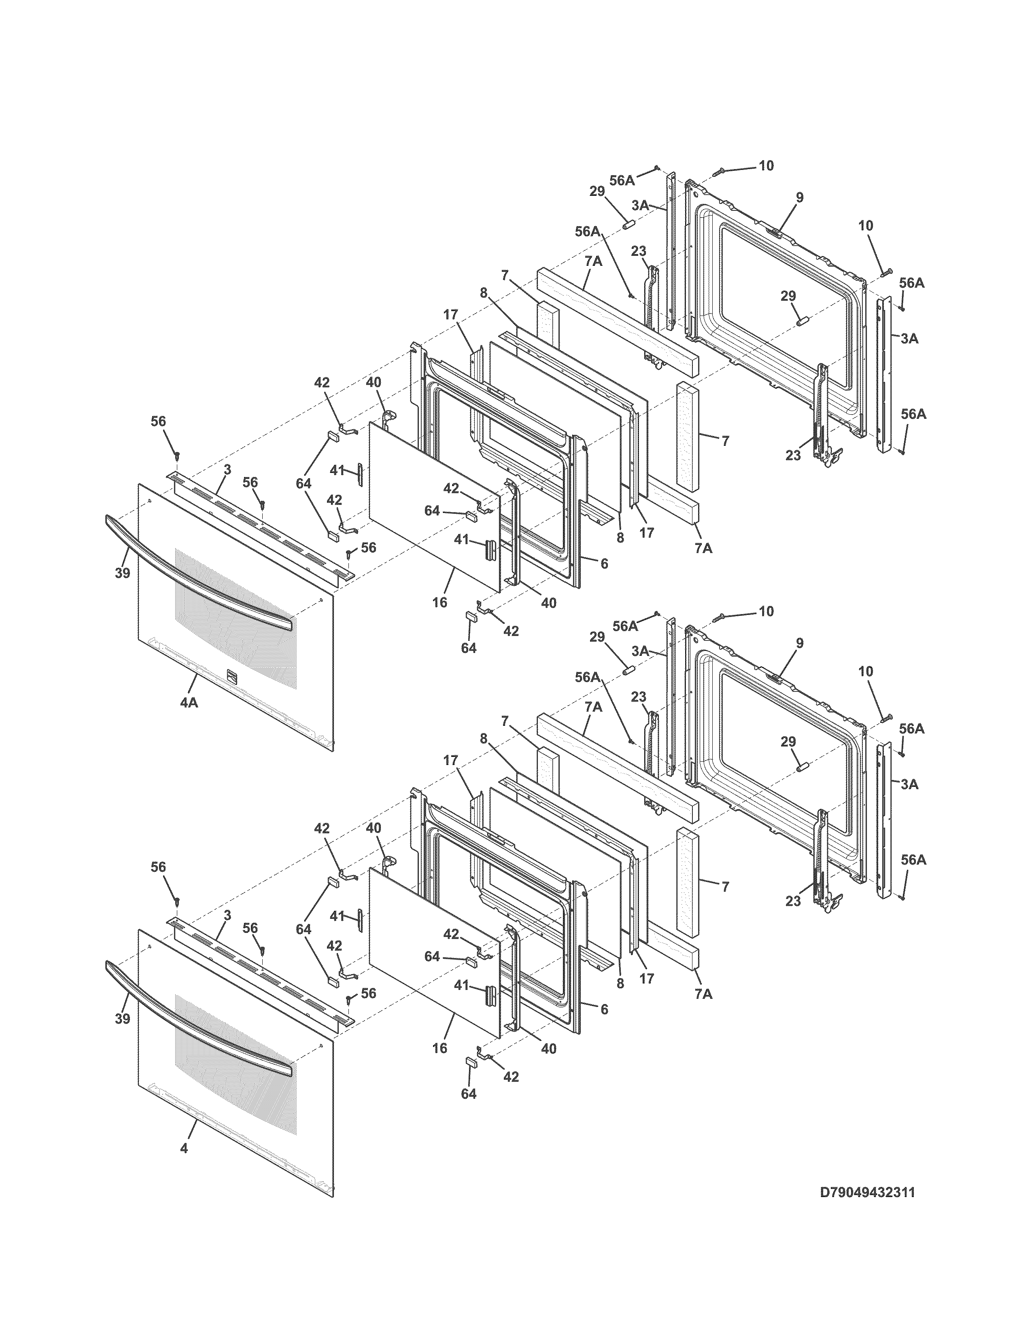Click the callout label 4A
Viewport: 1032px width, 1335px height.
[x=189, y=704]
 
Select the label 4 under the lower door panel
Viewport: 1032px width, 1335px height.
[x=184, y=1149]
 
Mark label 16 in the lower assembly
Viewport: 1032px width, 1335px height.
[x=440, y=1048]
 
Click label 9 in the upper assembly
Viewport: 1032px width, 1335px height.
[x=800, y=197]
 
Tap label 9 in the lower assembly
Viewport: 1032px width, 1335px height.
[x=800, y=643]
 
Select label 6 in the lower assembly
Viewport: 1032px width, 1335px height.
[x=604, y=1009]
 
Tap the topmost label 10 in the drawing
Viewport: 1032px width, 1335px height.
[x=766, y=165]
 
